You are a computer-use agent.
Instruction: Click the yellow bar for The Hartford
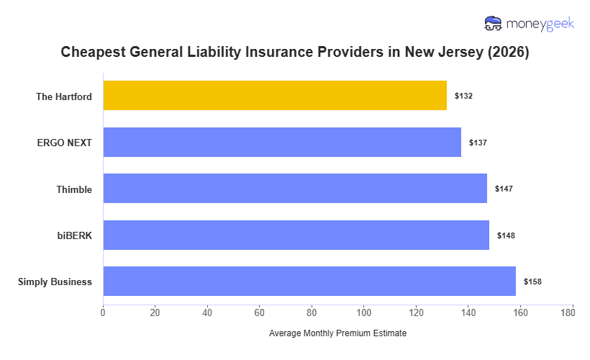[x=275, y=96]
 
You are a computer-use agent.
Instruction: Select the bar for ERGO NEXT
[x=282, y=142]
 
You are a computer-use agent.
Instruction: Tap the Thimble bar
[x=295, y=189]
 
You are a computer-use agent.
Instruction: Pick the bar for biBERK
[x=296, y=235]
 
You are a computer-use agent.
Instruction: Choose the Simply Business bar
[x=309, y=282]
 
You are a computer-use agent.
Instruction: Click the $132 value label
[x=463, y=96]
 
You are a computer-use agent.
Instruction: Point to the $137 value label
[x=478, y=143]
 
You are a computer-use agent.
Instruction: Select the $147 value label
[x=504, y=189]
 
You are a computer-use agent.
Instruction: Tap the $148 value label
[x=506, y=235]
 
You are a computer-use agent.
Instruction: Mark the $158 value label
[x=532, y=282]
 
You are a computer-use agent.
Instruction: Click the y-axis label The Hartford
[x=64, y=96]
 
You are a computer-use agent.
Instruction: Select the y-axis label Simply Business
[x=55, y=282]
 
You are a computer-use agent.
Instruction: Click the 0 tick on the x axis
[x=103, y=312]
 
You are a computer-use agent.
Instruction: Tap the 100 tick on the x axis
[x=364, y=312]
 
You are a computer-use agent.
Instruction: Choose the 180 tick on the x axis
[x=573, y=312]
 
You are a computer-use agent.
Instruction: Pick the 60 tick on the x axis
[x=260, y=312]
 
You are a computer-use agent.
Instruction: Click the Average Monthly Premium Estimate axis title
[x=337, y=334]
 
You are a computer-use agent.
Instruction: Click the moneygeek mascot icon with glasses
[x=494, y=24]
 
